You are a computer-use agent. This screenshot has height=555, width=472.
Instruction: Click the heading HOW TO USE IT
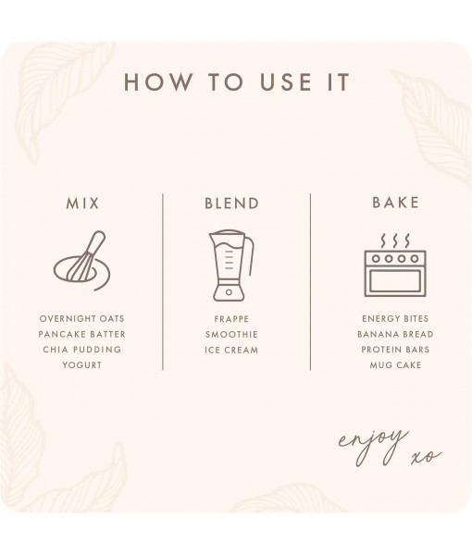click(x=236, y=81)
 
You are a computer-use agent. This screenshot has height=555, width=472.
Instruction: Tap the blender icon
click(x=230, y=265)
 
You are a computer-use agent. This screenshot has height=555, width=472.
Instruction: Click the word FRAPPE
click(x=231, y=318)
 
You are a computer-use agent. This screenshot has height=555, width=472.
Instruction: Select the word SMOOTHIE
click(x=231, y=334)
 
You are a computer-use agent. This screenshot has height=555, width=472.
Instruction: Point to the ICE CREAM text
click(x=231, y=350)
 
